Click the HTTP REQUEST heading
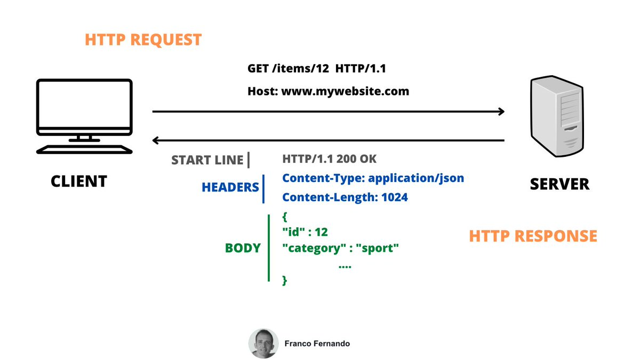tap(143, 40)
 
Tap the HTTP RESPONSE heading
tap(533, 236)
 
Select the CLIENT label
tap(79, 181)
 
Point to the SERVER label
tap(559, 184)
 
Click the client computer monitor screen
tap(84, 105)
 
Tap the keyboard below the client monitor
tap(84, 149)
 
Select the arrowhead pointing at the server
tap(501, 111)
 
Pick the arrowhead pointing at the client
tap(156, 141)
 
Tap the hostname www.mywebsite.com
tap(345, 91)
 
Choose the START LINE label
tap(207, 160)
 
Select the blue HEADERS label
tap(230, 188)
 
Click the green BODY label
tap(243, 248)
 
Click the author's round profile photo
tap(263, 343)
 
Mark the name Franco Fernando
tap(317, 344)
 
